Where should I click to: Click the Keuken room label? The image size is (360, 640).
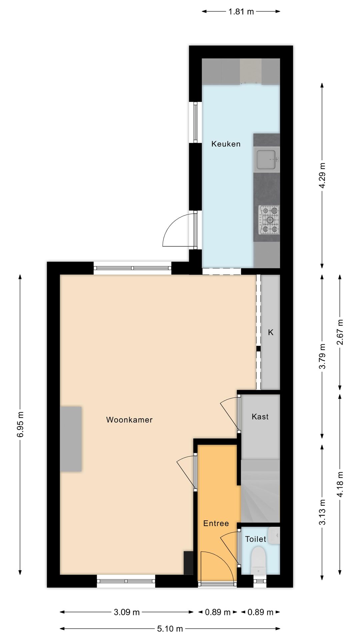coord(226,144)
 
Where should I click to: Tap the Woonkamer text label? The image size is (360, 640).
coord(129,420)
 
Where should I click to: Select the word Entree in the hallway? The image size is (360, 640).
coord(216,523)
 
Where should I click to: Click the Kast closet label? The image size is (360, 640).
coord(260,417)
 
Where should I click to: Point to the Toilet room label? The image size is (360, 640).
coord(255,539)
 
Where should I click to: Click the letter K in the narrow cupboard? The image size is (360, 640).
coord(271,332)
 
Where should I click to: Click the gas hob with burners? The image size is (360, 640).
coord(269,220)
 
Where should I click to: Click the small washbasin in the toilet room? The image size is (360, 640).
coord(275,535)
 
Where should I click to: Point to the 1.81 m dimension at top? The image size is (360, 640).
coord(241,12)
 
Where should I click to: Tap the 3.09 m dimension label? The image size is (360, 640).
coord(127,612)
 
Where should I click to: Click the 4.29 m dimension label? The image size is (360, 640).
coord(322,175)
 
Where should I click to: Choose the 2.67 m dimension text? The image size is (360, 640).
coord(340,332)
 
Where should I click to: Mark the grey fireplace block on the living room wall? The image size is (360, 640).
coord(71,439)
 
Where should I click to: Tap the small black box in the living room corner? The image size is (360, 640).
coord(188,563)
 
